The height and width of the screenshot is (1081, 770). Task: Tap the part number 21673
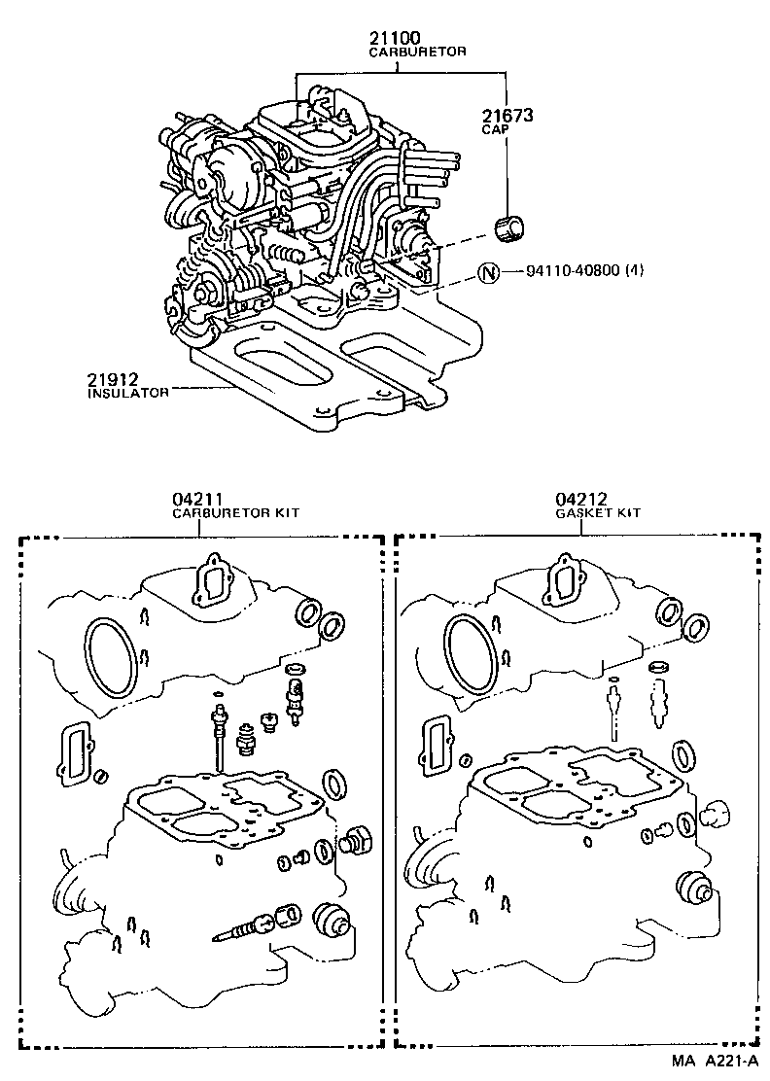(x=507, y=115)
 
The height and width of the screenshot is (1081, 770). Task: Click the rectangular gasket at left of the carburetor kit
(x=77, y=752)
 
